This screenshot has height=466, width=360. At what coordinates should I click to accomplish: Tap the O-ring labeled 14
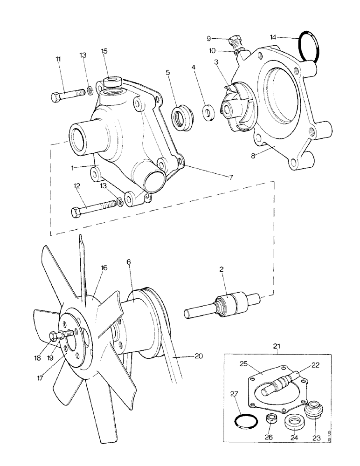309,45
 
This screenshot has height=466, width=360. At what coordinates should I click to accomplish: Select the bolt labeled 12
93,208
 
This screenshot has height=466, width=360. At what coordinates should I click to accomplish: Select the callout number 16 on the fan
104,267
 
